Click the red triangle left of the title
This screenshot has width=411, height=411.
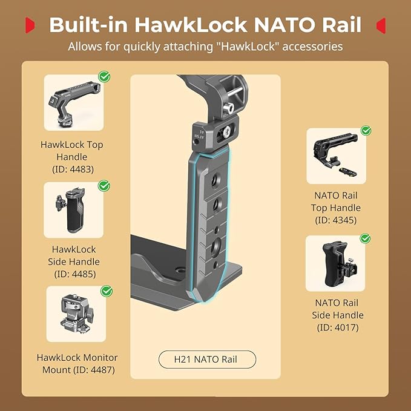click(30, 25)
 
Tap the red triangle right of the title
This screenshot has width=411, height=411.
click(381, 25)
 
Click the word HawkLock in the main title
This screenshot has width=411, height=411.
click(191, 25)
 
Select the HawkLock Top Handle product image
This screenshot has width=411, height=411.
click(74, 102)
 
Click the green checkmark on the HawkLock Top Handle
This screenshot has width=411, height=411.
click(104, 76)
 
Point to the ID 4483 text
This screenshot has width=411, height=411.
click(73, 169)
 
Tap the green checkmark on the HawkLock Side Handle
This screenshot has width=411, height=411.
click(104, 186)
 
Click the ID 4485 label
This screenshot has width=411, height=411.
click(75, 274)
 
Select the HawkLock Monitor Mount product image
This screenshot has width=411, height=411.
click(76, 314)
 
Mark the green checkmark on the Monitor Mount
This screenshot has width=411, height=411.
click(107, 291)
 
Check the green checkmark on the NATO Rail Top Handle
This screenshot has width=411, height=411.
click(366, 130)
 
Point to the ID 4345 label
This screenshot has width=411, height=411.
click(336, 220)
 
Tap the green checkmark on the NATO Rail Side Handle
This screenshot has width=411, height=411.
click(365, 238)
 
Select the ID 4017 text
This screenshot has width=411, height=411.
click(338, 327)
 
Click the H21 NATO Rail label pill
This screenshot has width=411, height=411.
click(207, 360)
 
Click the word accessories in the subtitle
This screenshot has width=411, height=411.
click(312, 47)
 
